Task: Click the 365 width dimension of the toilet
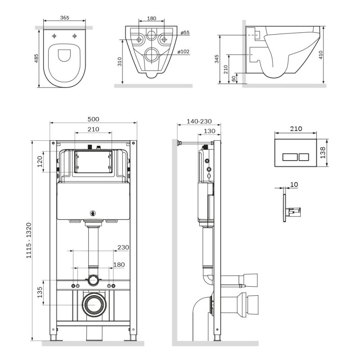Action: click(x=64, y=18)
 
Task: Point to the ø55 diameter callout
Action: click(x=184, y=33)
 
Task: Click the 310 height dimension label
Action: click(x=119, y=62)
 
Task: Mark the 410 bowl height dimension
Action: click(x=333, y=55)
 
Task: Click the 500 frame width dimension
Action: click(x=93, y=119)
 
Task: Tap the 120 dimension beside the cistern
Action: click(x=40, y=161)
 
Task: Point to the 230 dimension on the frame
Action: click(x=123, y=247)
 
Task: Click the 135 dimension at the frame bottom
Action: click(x=40, y=292)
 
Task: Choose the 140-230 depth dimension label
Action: click(x=198, y=122)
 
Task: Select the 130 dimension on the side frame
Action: click(x=209, y=131)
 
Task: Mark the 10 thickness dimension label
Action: click(x=294, y=184)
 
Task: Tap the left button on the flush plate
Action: click(x=288, y=157)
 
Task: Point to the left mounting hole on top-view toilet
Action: click(x=54, y=35)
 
